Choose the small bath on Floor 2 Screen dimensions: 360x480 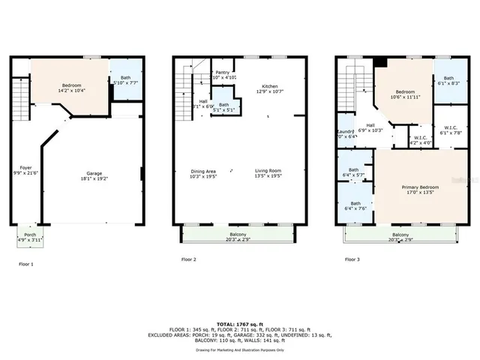(223, 107)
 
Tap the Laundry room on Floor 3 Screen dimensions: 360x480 (346, 134)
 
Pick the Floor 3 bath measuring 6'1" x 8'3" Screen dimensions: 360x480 (448, 82)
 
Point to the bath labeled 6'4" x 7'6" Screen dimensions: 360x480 (355, 207)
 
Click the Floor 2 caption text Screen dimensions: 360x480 (189, 259)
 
